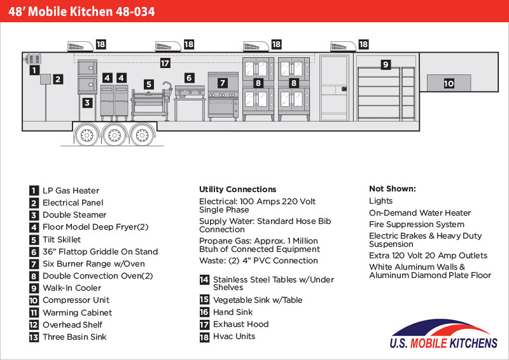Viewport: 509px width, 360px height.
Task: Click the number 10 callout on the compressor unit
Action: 449,84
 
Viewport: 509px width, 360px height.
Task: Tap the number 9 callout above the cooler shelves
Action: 386,64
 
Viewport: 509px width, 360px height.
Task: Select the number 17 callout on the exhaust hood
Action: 165,63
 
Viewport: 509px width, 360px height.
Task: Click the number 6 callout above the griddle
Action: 190,78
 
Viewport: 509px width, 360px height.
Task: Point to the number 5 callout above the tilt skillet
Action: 149,85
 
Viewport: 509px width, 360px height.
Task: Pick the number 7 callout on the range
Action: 223,83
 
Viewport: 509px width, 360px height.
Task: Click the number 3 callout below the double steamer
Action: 87,103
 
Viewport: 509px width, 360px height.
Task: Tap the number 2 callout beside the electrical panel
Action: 58,80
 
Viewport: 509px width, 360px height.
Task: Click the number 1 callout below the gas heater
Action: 34,70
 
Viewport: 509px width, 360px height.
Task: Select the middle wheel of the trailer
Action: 115,134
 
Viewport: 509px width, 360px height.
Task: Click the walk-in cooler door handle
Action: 344,89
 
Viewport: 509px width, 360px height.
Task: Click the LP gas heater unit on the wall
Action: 33,59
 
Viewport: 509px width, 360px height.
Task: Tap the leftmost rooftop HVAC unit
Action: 80,46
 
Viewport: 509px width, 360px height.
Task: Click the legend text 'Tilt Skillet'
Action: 62,240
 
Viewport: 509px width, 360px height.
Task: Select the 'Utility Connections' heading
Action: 237,190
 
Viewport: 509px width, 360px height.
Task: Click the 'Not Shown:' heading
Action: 393,189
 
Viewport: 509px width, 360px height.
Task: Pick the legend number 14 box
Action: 204,279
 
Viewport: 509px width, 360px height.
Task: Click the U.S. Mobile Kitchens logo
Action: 443,334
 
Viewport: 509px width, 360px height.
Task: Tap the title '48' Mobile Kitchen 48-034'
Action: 81,11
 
